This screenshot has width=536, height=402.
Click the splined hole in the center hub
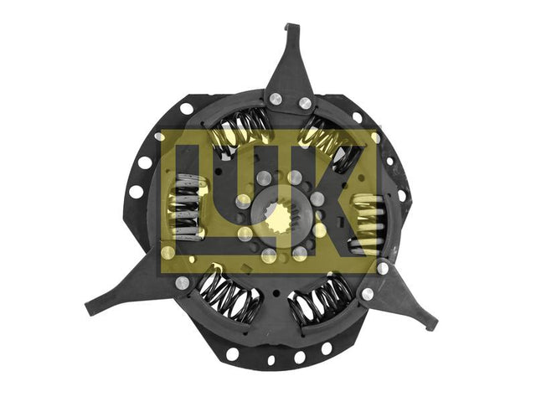[281, 219]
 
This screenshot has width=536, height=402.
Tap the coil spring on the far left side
[188, 206]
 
